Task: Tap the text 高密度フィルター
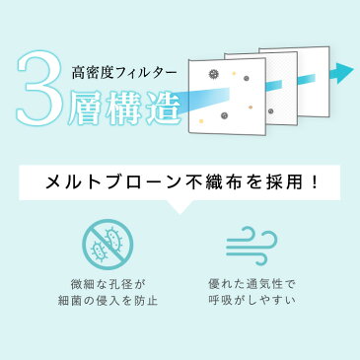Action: [x=124, y=73]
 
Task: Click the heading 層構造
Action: [x=124, y=107]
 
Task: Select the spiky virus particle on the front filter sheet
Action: [x=214, y=74]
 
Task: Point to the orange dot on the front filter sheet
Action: [x=251, y=108]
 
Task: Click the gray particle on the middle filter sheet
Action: [x=271, y=111]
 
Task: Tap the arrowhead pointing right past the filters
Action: [x=343, y=71]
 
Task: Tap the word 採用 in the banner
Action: [x=283, y=182]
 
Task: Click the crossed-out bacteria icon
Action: [x=108, y=245]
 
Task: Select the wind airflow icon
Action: [x=252, y=245]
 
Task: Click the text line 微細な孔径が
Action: [x=108, y=284]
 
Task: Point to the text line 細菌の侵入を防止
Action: [x=108, y=301]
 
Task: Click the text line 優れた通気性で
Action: [x=252, y=284]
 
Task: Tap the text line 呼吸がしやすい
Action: [x=252, y=301]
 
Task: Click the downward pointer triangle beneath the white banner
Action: [x=180, y=208]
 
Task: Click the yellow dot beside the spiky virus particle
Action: [x=234, y=73]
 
